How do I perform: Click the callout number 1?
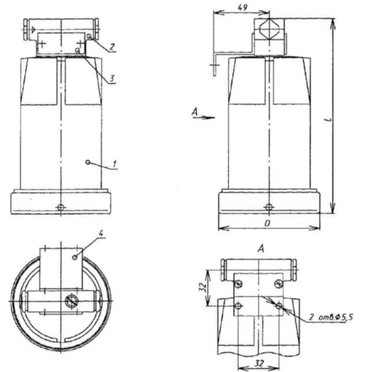[x=115, y=164]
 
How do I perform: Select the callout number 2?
[x=112, y=47]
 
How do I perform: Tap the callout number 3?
[x=112, y=79]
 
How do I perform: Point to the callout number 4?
[x=101, y=233]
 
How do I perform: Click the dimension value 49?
[x=243, y=8]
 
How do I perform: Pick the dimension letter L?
[x=328, y=120]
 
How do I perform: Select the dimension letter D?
[x=267, y=223]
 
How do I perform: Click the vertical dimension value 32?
[x=202, y=288]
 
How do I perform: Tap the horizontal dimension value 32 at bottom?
[x=259, y=363]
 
